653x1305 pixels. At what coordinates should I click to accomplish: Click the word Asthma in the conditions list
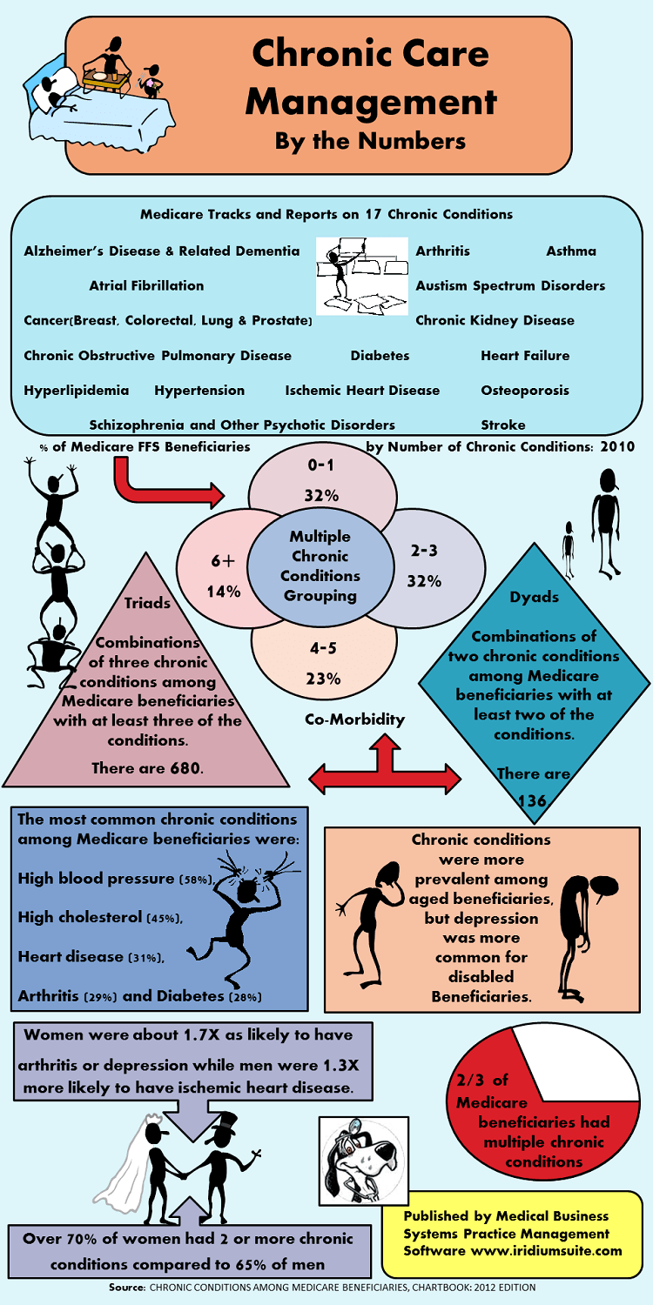coord(571,251)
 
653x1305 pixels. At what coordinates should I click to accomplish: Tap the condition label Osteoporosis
coord(524,391)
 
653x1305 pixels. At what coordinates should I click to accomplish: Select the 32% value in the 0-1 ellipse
coord(321,495)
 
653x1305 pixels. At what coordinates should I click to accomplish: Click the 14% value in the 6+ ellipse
coord(224,592)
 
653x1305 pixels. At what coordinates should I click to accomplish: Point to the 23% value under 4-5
coord(323,679)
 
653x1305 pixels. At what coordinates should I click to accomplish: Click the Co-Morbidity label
coord(355,719)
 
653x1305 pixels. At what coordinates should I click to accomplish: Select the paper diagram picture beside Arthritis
coord(361,276)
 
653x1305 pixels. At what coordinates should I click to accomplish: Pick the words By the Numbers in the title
coord(370,140)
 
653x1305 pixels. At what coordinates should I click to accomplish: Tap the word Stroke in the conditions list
coord(503,425)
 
